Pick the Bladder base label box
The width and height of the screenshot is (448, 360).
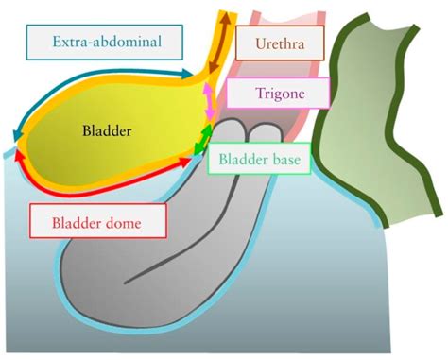click(258, 160)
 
